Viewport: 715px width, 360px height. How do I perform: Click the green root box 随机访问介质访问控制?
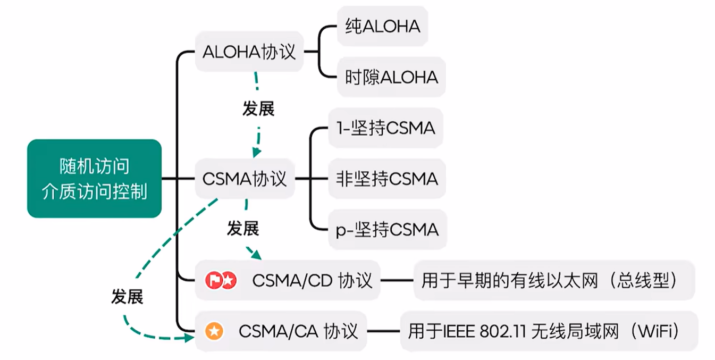[94, 179]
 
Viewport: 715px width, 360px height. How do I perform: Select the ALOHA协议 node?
[249, 52]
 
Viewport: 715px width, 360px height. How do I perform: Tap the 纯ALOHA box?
[382, 26]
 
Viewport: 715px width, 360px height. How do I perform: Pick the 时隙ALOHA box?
[391, 78]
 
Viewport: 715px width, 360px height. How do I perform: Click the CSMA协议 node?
[245, 179]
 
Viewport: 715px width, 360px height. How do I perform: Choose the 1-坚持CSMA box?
[385, 128]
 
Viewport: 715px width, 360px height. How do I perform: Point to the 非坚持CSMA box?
[386, 179]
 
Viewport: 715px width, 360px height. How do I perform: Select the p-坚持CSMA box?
[387, 230]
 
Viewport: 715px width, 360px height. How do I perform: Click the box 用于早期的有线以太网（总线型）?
[553, 280]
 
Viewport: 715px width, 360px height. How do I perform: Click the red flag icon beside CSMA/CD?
[214, 280]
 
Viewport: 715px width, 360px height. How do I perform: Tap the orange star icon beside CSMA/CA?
[214, 331]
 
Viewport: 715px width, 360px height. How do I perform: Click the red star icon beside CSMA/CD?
[228, 280]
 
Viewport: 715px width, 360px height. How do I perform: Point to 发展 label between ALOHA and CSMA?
[258, 109]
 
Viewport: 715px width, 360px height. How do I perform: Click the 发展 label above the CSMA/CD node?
[243, 229]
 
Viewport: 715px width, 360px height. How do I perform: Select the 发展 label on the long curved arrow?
[127, 297]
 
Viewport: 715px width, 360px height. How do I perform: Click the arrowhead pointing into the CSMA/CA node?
[189, 337]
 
